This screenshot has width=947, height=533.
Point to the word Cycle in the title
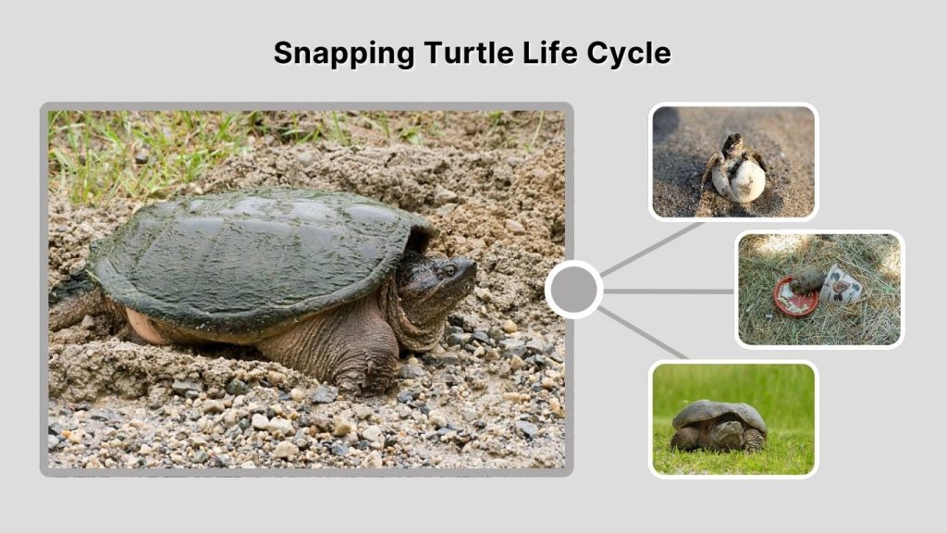coord(628,53)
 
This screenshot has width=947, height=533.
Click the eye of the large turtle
coord(449,270)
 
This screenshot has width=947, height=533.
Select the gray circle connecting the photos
coord(573,290)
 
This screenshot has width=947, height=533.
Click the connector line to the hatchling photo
coord(652,248)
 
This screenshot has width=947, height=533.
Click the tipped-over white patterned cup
coord(842,287)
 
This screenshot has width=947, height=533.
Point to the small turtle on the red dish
coord(809,279)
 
